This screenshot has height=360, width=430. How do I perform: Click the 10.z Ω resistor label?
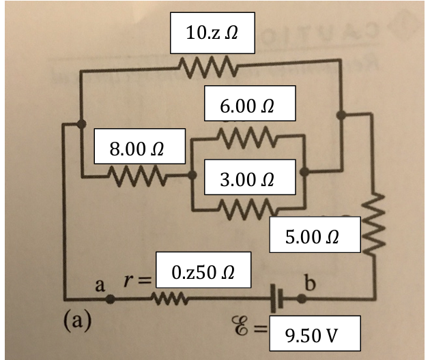[x=212, y=32]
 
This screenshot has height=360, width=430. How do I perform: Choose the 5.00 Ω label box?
[x=314, y=237]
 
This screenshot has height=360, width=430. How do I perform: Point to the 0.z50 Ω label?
[x=202, y=272]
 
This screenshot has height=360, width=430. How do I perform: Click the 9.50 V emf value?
[x=310, y=335]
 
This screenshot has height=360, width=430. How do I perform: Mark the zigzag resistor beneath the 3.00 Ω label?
[x=248, y=205]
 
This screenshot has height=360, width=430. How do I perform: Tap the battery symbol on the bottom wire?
[x=278, y=299]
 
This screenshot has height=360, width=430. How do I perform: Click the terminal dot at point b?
[x=301, y=299]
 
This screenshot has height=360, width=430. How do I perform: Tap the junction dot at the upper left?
[x=81, y=123]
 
